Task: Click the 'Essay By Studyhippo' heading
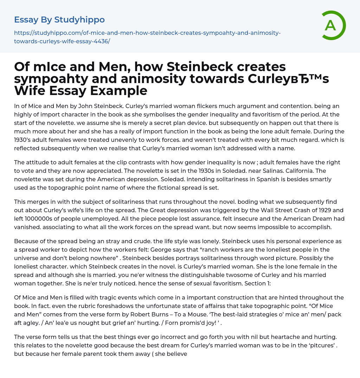coord(59,20)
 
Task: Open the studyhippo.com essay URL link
coord(147,37)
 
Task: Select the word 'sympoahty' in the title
coord(54,78)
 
